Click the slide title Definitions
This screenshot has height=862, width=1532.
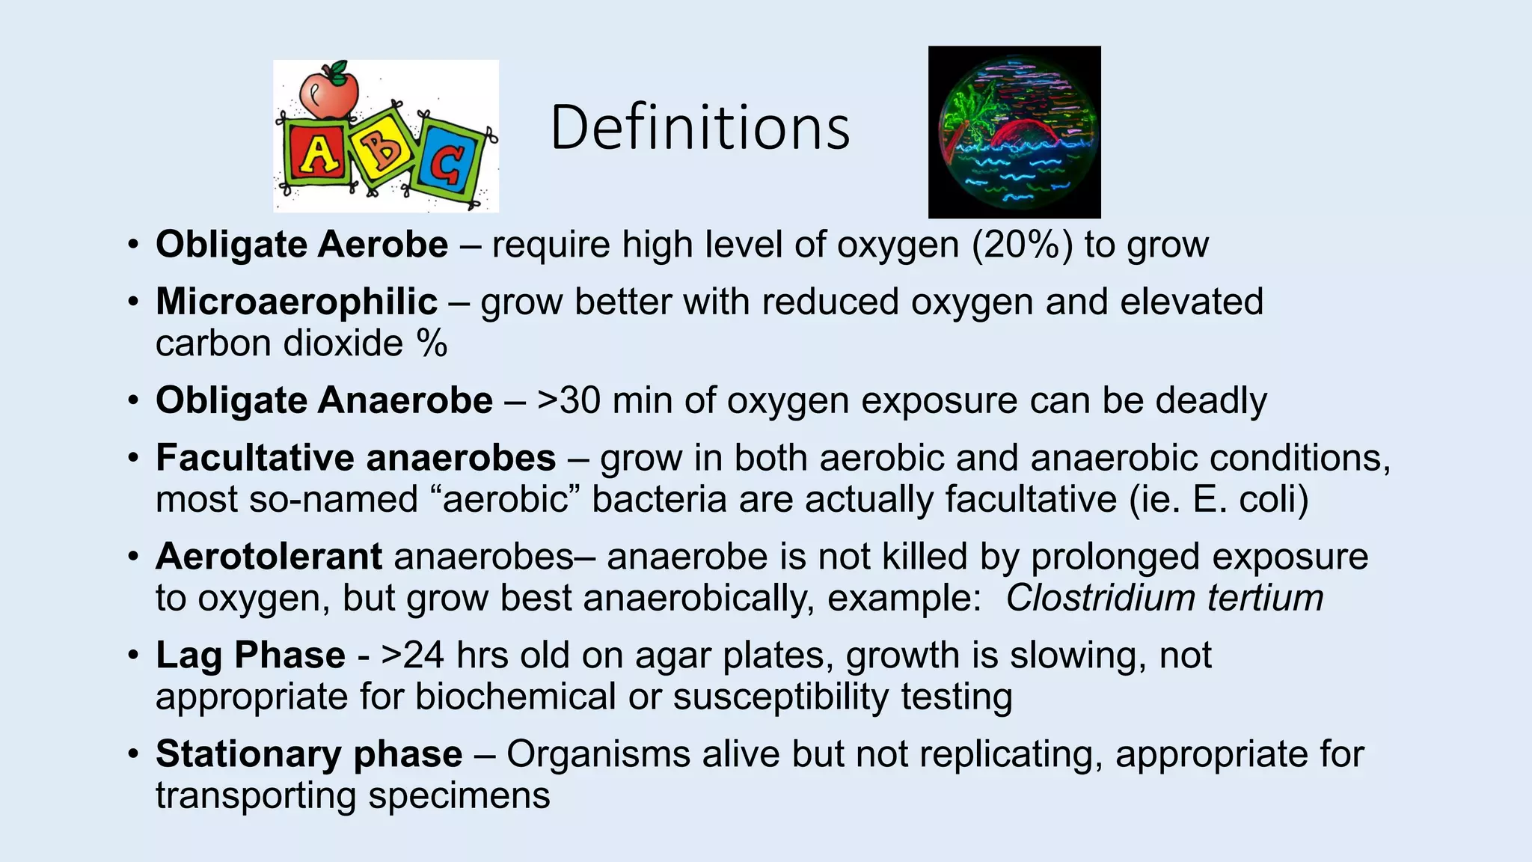pos(699,128)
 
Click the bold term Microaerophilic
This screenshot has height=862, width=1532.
pos(296,302)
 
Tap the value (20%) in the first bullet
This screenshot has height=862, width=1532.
pos(1021,245)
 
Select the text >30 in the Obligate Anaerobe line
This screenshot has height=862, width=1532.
pos(569,400)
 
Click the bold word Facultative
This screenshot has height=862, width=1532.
pos(254,458)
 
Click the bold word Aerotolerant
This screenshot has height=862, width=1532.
pos(269,557)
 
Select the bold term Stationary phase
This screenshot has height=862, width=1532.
pos(309,754)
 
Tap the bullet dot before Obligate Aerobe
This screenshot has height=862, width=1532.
pos(132,245)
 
